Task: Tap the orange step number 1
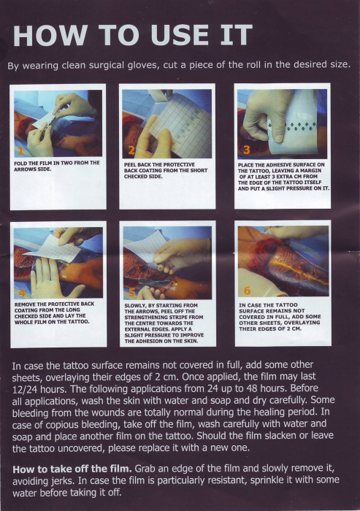20,151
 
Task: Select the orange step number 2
131,150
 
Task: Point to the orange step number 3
247,150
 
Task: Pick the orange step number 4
22,293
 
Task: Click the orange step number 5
131,292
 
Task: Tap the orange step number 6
247,290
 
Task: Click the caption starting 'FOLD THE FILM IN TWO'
57,166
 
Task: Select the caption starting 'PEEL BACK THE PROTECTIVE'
166,170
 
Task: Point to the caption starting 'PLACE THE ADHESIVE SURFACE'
283,177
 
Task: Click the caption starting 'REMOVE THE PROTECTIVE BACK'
55,313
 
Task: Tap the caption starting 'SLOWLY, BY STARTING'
164,323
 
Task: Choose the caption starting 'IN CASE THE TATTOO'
280,317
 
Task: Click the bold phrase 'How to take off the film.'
72,469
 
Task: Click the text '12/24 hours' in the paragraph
39,389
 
